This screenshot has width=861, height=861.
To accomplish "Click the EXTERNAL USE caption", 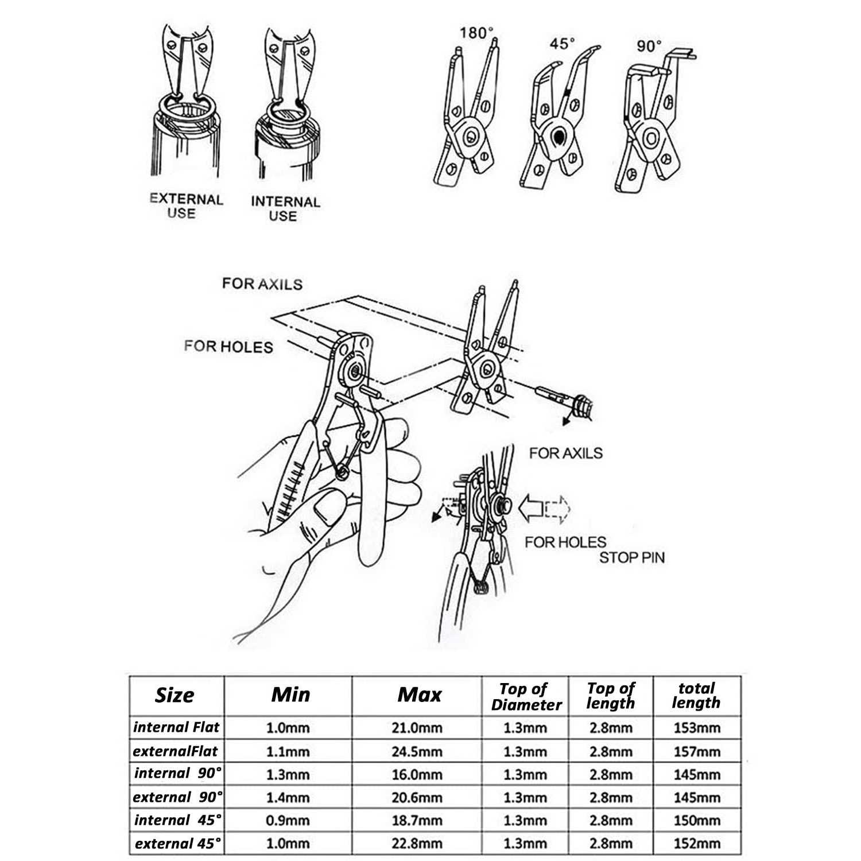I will [185, 206].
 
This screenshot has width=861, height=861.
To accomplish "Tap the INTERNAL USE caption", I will [285, 209].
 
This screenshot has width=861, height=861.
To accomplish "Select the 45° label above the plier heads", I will [561, 44].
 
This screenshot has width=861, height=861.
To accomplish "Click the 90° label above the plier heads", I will [649, 46].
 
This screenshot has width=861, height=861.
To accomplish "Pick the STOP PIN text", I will [631, 557].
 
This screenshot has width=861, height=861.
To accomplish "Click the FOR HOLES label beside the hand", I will [228, 347].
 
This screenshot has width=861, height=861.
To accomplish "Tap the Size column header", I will [174, 695].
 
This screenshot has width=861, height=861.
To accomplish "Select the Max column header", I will [420, 695].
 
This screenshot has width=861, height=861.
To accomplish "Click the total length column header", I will [696, 695].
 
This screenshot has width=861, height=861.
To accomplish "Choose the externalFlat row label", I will [176, 751].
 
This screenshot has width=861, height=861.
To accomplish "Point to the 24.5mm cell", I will [417, 751].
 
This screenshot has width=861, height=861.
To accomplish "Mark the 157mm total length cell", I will [697, 751].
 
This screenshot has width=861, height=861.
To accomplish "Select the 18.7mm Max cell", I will [417, 820].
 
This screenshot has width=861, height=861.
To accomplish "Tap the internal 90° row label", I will [177, 774].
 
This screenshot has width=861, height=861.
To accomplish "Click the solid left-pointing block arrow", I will [531, 508].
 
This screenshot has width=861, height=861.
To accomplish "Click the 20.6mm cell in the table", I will [417, 797].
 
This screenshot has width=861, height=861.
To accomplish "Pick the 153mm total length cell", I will [697, 728].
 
